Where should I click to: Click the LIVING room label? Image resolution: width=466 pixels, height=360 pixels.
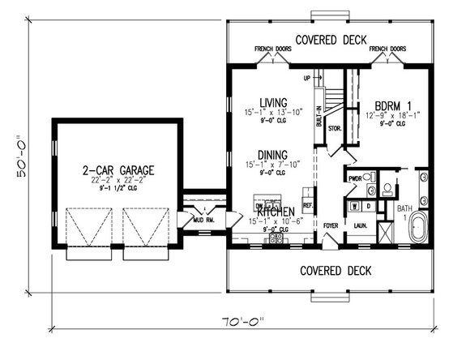click(267, 101)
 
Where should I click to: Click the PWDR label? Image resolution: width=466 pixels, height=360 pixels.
click(354, 177)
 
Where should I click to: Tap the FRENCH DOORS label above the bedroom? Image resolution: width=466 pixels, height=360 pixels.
click(387, 49)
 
